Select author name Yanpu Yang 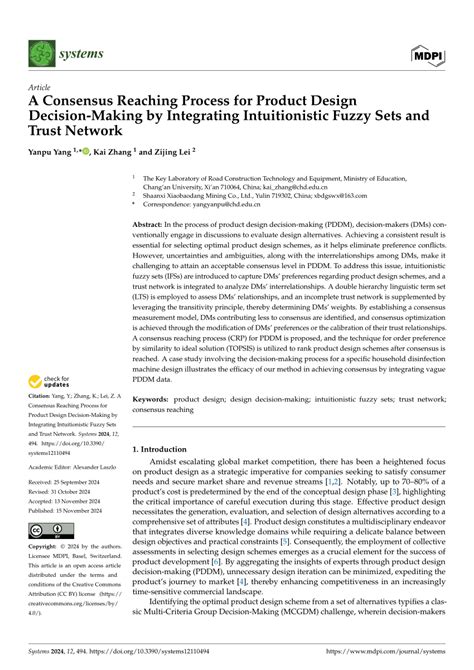point(44,155)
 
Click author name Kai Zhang point(115,155)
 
